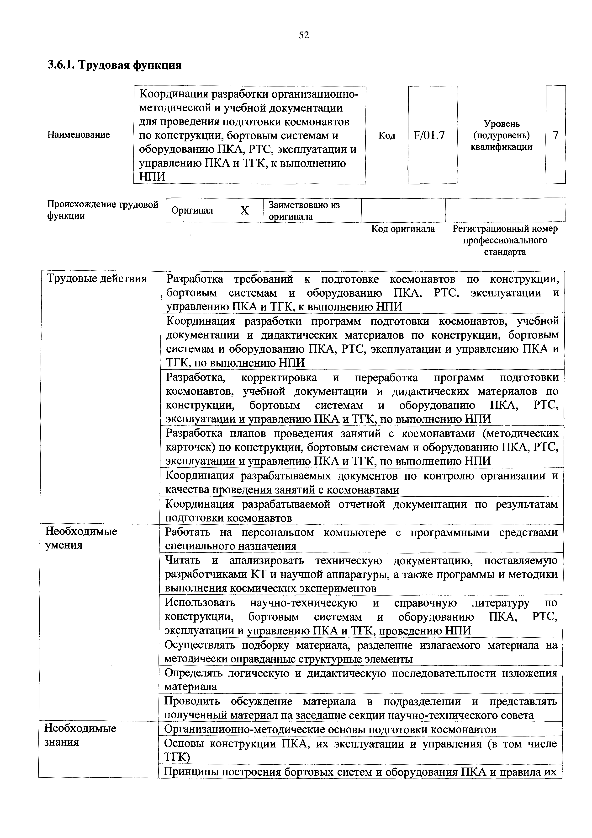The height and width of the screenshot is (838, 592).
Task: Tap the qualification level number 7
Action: (x=555, y=135)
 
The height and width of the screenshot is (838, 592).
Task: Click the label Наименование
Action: (x=79, y=135)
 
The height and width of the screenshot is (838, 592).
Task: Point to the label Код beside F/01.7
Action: (x=387, y=135)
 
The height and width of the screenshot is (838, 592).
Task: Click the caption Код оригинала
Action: (x=403, y=229)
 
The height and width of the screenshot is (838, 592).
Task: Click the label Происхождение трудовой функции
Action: (x=102, y=210)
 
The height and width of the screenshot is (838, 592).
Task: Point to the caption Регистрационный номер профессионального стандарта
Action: (x=505, y=240)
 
